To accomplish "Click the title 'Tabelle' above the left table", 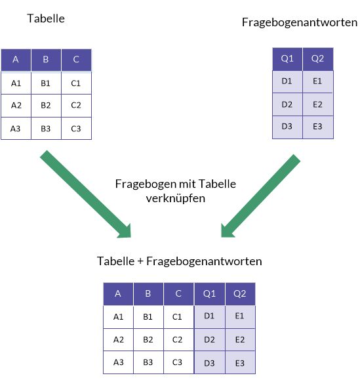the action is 46,18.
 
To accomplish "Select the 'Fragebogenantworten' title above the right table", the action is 300,22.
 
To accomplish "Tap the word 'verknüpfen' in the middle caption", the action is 176,198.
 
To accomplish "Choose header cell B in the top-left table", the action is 46,60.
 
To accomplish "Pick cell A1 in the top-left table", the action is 16,83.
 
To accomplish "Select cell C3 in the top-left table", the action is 76,128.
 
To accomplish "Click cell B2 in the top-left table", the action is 46,106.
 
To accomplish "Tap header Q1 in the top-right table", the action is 287,59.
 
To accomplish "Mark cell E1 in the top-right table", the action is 318,81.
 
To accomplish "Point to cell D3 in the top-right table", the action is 287,127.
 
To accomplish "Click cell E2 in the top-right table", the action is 318,104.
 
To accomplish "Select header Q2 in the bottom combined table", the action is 240,294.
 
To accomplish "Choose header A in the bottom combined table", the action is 118,294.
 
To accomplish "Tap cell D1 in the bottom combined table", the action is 210,316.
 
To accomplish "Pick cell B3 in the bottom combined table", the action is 148,362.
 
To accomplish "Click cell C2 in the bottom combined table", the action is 179,339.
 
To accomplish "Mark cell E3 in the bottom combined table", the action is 240,362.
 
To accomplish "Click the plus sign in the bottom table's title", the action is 140,261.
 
